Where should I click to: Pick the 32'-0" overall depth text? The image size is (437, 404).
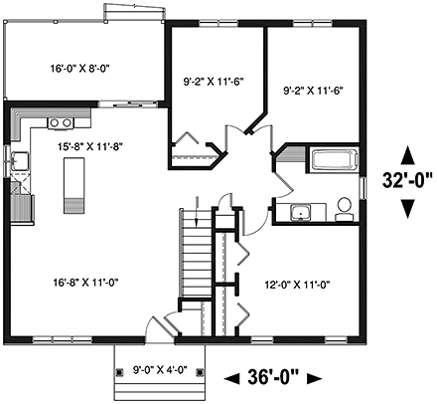(x=407, y=180)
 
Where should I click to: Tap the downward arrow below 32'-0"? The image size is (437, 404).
(x=407, y=206)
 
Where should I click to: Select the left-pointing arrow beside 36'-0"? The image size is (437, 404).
(x=229, y=379)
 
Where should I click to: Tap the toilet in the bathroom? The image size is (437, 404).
(x=344, y=207)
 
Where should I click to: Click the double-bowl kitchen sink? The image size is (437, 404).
(x=61, y=122)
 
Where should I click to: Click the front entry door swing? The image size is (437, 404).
(x=159, y=324)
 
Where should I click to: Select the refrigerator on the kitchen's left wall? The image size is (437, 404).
(x=21, y=207)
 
